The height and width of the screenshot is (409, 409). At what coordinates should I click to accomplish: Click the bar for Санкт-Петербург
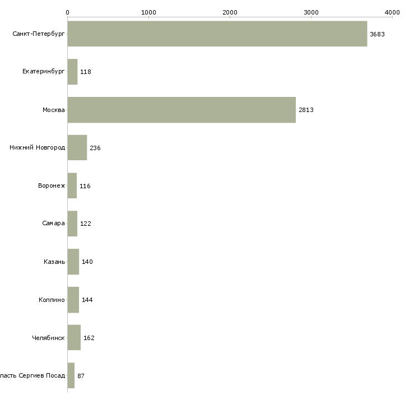(x=217, y=34)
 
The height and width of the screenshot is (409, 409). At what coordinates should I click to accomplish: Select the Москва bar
(x=182, y=110)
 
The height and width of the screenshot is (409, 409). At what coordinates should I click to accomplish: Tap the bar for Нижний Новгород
(x=77, y=148)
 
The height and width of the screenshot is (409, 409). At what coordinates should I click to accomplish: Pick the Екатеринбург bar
(x=72, y=72)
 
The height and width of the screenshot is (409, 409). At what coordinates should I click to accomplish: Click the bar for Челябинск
(x=74, y=338)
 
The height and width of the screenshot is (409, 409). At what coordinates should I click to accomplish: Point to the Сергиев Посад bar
(x=71, y=375)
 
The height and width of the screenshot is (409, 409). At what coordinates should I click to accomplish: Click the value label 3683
(x=377, y=34)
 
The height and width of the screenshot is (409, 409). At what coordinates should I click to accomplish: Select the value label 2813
(x=306, y=110)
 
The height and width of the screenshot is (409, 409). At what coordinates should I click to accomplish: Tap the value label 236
(x=95, y=148)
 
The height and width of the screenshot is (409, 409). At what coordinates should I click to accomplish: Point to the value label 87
(x=81, y=376)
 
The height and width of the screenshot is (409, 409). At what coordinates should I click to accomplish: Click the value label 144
(x=87, y=300)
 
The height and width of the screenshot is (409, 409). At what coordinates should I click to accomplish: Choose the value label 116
(x=85, y=186)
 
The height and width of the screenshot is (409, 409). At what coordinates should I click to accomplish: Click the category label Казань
(x=54, y=262)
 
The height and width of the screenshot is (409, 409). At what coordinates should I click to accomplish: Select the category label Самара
(x=53, y=224)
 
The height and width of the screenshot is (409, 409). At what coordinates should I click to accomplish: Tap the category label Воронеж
(x=52, y=185)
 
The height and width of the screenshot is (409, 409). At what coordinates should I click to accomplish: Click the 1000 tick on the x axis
(x=148, y=12)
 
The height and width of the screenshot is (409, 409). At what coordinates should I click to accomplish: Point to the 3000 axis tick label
(x=311, y=12)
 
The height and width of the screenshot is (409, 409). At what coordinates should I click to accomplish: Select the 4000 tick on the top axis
(x=392, y=12)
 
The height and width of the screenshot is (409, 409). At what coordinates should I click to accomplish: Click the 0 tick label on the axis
(x=67, y=12)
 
